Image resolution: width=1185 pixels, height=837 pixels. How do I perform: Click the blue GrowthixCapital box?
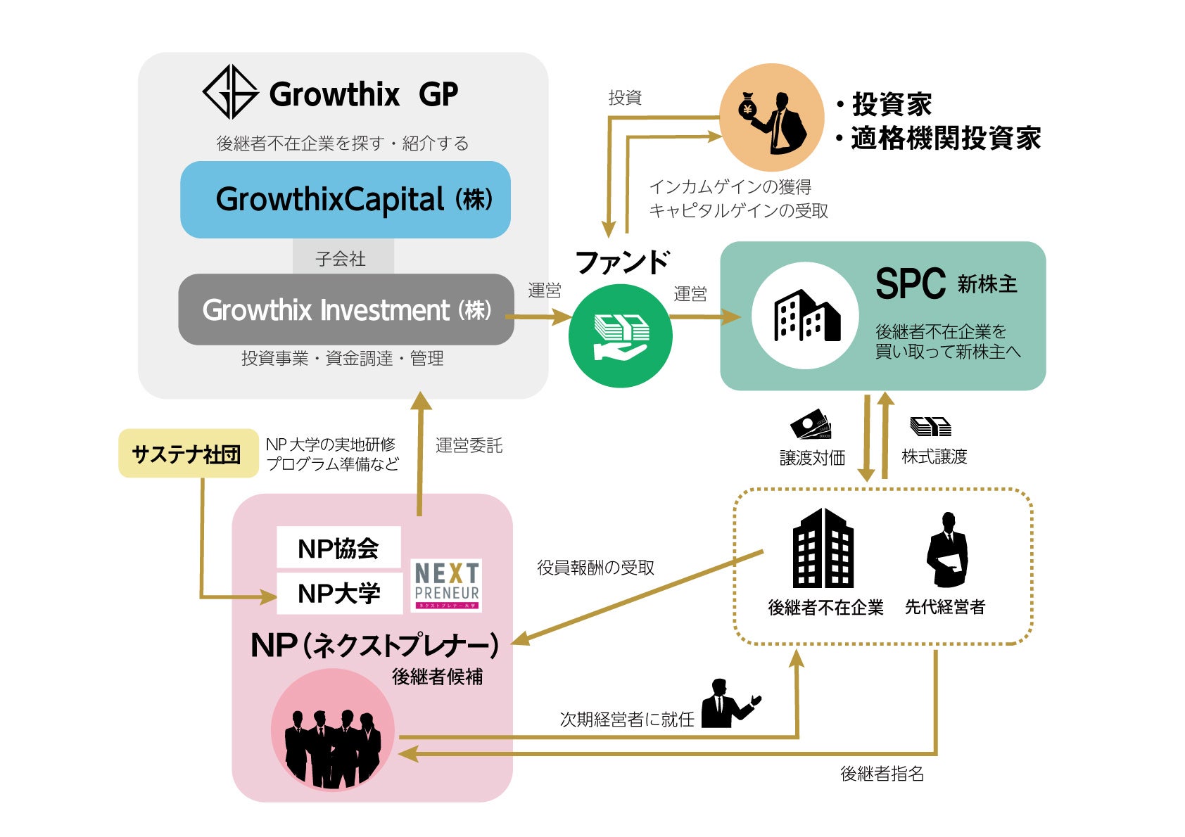click(345, 200)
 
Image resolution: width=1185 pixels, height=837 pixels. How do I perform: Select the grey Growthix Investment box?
click(346, 309)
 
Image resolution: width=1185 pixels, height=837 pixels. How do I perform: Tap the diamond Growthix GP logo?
click(230, 92)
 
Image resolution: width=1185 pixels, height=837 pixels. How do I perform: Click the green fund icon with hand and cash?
click(620, 336)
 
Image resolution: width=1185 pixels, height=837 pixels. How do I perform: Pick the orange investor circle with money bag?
click(771, 117)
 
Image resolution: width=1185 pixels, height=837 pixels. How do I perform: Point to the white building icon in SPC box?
click(805, 316)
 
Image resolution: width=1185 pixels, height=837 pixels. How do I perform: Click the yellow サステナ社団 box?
click(188, 454)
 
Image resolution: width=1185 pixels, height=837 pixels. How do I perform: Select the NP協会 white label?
click(338, 548)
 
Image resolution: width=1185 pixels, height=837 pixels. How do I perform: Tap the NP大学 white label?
click(338, 593)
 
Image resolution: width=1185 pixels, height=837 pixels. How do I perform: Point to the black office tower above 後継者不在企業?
click(823, 549)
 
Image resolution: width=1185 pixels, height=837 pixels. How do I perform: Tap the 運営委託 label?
click(469, 445)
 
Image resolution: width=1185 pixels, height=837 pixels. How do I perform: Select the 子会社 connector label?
click(342, 258)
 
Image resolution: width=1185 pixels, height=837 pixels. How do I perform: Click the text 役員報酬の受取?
click(595, 568)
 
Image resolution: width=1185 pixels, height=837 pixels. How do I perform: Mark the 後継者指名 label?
click(882, 774)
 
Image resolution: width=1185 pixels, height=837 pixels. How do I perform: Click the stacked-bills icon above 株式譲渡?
click(930, 426)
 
